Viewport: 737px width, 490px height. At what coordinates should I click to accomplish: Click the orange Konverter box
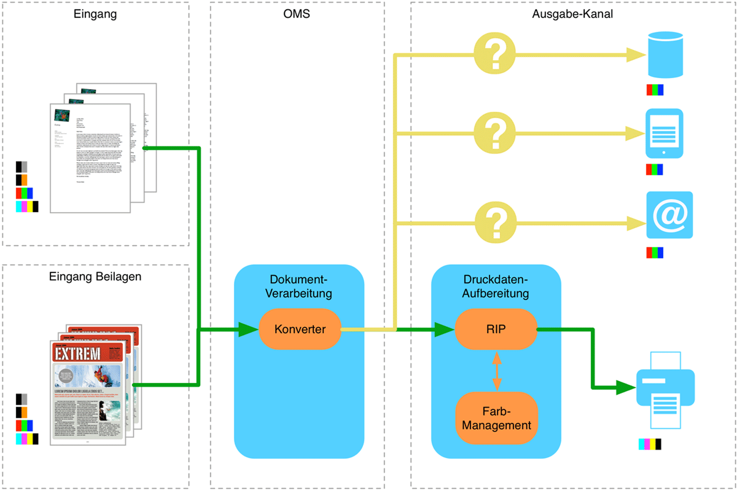point(300,329)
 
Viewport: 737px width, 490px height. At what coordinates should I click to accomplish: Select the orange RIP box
point(496,329)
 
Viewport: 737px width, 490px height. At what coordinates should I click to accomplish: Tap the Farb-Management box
point(496,418)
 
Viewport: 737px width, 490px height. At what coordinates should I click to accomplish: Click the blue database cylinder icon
point(665,55)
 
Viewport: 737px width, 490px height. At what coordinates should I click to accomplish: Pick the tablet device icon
point(664,133)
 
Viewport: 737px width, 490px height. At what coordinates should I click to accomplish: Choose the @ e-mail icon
point(669,215)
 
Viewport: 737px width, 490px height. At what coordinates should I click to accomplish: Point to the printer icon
point(665,389)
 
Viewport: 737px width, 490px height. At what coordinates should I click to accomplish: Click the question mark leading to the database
point(495,53)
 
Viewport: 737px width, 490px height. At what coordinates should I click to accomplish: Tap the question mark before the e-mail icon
point(496,222)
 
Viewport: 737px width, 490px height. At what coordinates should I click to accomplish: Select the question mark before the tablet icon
point(495,133)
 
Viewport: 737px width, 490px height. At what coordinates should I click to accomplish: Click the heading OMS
point(296,14)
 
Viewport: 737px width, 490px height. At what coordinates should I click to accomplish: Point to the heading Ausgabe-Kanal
point(572,14)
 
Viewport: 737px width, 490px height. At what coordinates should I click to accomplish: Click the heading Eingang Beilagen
point(95,276)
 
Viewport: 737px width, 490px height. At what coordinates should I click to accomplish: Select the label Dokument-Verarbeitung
point(299,286)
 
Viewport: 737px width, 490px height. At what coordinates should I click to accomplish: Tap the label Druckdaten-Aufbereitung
point(495,286)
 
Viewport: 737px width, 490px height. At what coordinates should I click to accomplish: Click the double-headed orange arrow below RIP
point(497,371)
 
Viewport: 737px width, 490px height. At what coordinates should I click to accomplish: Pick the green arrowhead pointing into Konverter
point(248,329)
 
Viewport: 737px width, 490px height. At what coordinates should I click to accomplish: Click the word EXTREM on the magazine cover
point(77,354)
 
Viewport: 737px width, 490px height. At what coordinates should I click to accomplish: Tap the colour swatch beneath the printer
point(650,444)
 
